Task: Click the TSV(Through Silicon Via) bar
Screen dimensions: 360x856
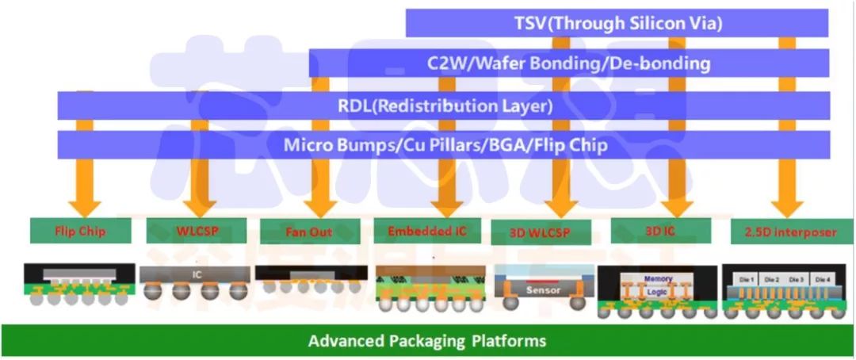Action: click(x=617, y=23)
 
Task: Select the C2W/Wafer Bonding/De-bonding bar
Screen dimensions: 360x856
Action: click(x=568, y=63)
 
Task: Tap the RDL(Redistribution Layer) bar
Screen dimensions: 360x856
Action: click(x=443, y=105)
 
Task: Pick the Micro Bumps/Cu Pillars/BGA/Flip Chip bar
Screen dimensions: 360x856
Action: click(x=443, y=145)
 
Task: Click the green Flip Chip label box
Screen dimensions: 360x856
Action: click(x=80, y=232)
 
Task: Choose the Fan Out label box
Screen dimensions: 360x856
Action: click(x=310, y=232)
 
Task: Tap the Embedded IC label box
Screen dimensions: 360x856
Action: click(x=426, y=231)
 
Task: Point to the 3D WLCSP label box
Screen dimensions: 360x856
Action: click(x=542, y=232)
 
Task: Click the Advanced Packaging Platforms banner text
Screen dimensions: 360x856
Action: click(x=427, y=342)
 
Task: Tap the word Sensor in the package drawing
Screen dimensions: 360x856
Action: click(x=544, y=290)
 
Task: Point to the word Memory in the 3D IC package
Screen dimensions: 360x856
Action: click(x=658, y=279)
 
